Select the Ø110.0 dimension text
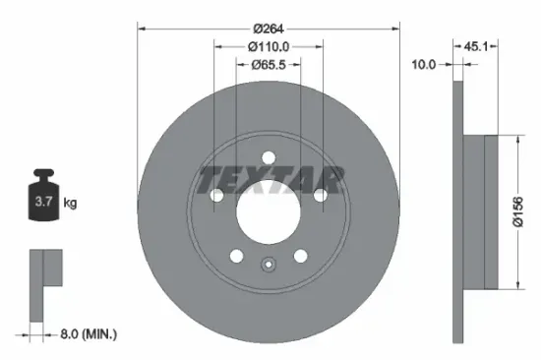coord(267,47)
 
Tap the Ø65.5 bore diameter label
coord(267,65)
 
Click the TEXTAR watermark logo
coord(270,179)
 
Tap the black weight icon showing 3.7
coord(44,201)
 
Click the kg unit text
coord(71,204)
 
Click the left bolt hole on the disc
coord(217,197)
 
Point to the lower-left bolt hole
coord(236,255)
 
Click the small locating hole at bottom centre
coord(268,263)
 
